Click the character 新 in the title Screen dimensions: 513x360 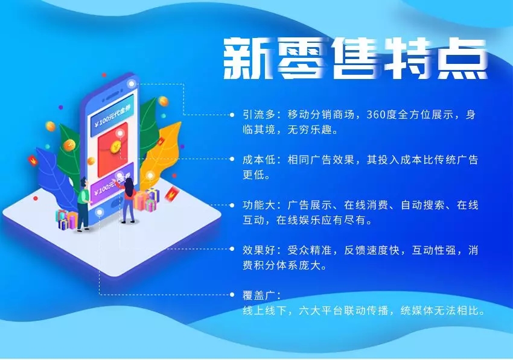pyautogui.click(x=248, y=58)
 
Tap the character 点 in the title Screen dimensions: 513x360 pyautogui.click(x=462, y=58)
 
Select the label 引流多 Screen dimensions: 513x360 pyautogui.click(x=259, y=115)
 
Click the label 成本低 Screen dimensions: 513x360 pyautogui.click(x=259, y=160)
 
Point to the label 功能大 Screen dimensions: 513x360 pyautogui.click(x=259, y=206)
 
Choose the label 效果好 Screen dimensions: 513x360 pyautogui.click(x=259, y=250)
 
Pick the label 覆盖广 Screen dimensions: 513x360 pyautogui.click(x=259, y=295)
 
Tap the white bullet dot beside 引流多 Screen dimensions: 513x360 pyautogui.click(x=232, y=115)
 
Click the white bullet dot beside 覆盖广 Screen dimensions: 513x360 pyautogui.click(x=232, y=295)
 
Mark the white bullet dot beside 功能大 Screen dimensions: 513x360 pyautogui.click(x=232, y=206)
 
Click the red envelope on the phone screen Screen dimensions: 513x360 pyautogui.click(x=113, y=150)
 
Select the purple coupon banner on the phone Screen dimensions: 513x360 pyautogui.click(x=112, y=184)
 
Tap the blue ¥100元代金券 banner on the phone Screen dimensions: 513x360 pyautogui.click(x=112, y=116)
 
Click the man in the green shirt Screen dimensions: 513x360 pyautogui.click(x=83, y=204)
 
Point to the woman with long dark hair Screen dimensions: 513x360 pyautogui.click(x=128, y=200)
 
